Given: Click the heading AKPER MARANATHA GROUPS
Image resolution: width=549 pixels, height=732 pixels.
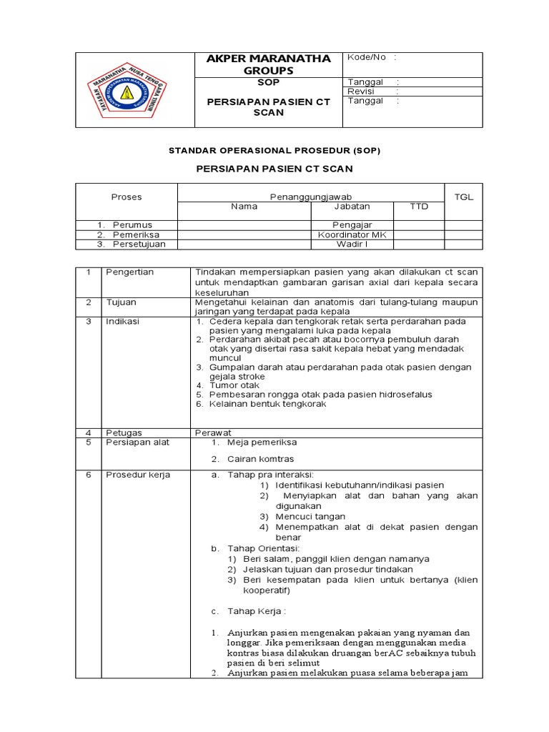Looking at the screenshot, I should pyautogui.click(x=263, y=64).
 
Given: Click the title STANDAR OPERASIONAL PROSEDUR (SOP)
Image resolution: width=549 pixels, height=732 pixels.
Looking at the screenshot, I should pyautogui.click(x=274, y=151).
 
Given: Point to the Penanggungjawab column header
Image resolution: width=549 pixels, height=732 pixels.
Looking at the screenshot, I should pyautogui.click(x=311, y=197).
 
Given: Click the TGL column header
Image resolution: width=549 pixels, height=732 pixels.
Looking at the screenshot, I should pyautogui.click(x=464, y=197).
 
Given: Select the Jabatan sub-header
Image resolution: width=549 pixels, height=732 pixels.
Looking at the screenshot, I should pyautogui.click(x=352, y=207).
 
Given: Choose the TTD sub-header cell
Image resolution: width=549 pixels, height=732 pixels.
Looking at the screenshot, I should pyautogui.click(x=418, y=207).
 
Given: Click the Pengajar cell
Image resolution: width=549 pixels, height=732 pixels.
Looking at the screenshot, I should pyautogui.click(x=352, y=224).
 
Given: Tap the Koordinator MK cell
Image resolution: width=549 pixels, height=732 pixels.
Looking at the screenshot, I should pyautogui.click(x=352, y=234).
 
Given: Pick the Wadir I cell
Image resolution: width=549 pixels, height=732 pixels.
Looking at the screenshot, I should pyautogui.click(x=352, y=244).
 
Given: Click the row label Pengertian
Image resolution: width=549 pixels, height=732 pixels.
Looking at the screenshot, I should pyautogui.click(x=130, y=272).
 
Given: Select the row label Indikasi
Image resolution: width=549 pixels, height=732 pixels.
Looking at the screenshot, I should pyautogui.click(x=123, y=322).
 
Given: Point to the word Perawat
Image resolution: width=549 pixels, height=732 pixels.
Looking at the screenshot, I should pyautogui.click(x=214, y=432).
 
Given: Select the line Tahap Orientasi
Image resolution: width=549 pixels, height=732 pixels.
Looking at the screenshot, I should pyautogui.click(x=259, y=548).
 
